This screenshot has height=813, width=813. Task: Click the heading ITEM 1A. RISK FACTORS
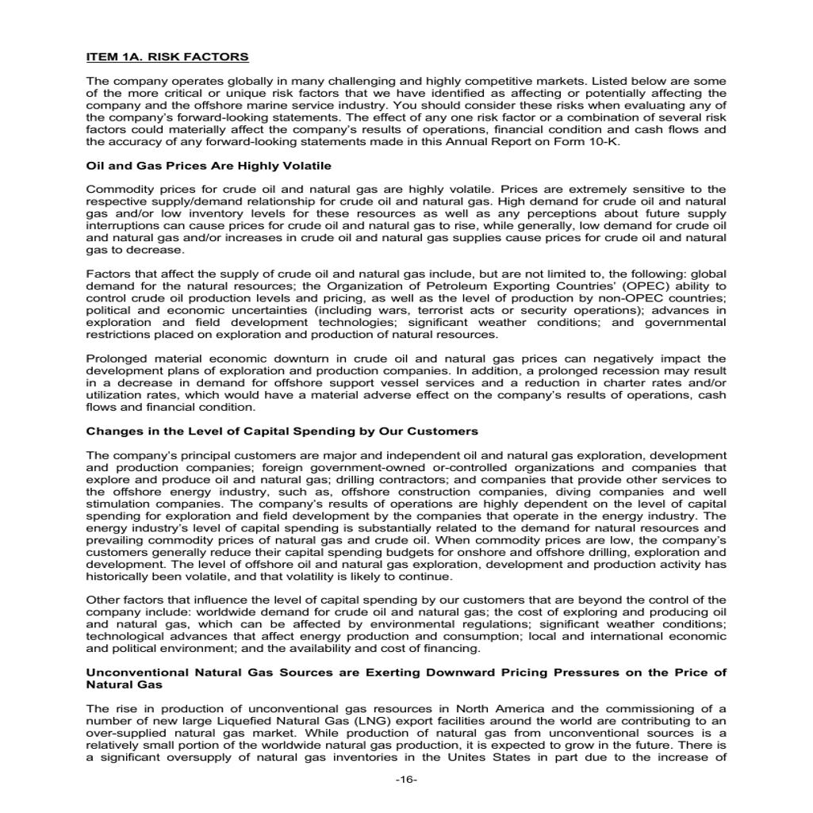(x=167, y=57)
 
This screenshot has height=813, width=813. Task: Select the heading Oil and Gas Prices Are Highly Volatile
(x=208, y=166)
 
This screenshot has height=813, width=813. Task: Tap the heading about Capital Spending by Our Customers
(x=282, y=431)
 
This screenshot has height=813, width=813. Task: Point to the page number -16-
(x=406, y=780)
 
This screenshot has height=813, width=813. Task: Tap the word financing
(x=453, y=648)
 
